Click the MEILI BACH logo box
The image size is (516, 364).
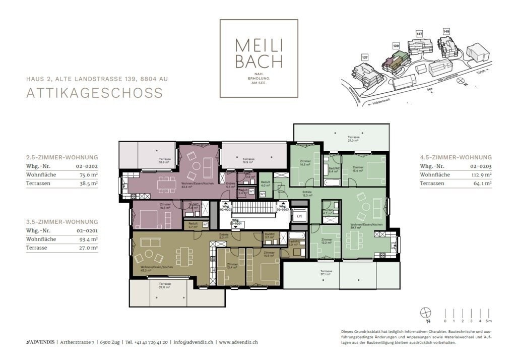[259, 58]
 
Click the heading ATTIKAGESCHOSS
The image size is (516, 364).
[95, 93]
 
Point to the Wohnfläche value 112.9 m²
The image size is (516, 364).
[481, 175]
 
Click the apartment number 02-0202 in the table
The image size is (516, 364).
[87, 166]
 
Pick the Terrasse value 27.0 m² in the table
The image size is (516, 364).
[87, 248]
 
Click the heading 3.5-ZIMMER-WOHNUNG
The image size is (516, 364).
[62, 221]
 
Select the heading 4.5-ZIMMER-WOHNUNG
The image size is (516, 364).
[456, 157]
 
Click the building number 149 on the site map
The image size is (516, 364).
[446, 31]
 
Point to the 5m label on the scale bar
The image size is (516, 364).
[488, 321]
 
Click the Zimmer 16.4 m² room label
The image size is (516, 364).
[358, 168]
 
